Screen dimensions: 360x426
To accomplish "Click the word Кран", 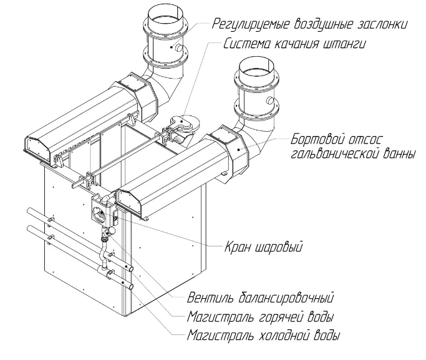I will (x=237, y=248).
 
